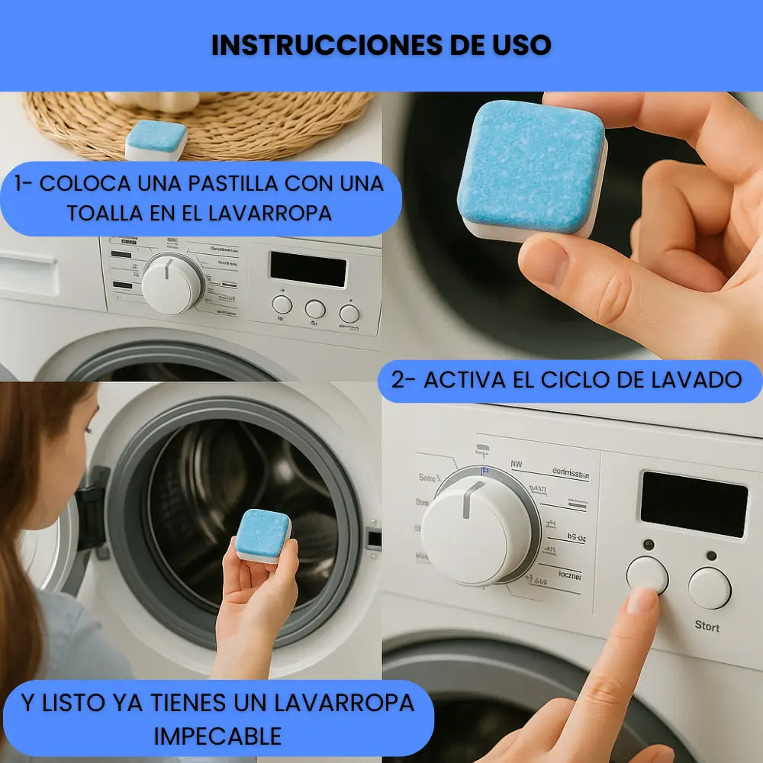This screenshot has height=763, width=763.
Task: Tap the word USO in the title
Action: click(x=523, y=45)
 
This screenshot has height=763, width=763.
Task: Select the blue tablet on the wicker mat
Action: click(x=156, y=140)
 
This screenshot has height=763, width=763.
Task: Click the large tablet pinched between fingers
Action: click(x=531, y=169)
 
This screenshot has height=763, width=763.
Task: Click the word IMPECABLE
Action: click(x=217, y=736)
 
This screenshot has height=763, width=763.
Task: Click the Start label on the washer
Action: click(x=707, y=626)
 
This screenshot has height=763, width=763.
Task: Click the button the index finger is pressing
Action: click(x=647, y=574)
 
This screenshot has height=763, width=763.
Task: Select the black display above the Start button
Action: click(x=694, y=504)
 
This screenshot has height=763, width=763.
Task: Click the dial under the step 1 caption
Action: click(x=172, y=285)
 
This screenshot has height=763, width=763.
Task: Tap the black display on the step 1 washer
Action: click(x=307, y=269)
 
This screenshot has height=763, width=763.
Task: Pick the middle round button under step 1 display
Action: click(x=315, y=308)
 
